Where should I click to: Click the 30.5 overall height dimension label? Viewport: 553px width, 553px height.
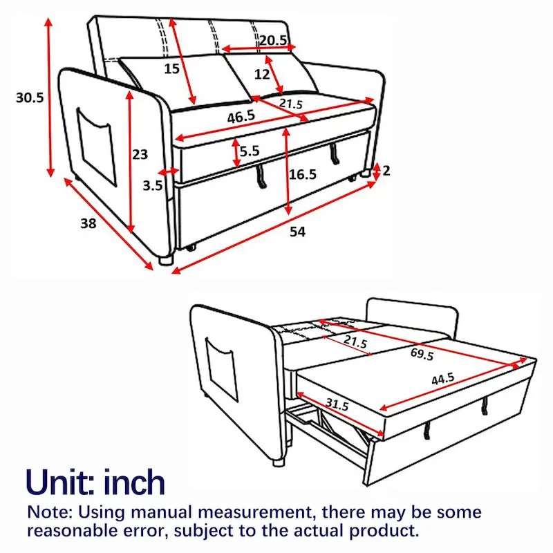[x=30, y=97]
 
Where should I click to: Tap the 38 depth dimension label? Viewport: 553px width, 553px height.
[x=87, y=223]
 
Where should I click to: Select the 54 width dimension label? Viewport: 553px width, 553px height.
[x=297, y=232]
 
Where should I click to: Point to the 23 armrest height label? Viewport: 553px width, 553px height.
[x=140, y=154]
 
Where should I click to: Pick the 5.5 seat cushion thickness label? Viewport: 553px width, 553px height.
[x=250, y=150]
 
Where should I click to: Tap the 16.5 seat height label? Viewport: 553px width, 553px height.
[x=302, y=175]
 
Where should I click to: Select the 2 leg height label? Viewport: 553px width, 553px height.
[x=386, y=170]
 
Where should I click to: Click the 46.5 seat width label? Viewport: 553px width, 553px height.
[x=241, y=118]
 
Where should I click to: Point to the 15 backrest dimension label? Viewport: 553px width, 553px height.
[x=172, y=68]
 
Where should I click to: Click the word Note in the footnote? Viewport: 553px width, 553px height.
[x=49, y=513]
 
